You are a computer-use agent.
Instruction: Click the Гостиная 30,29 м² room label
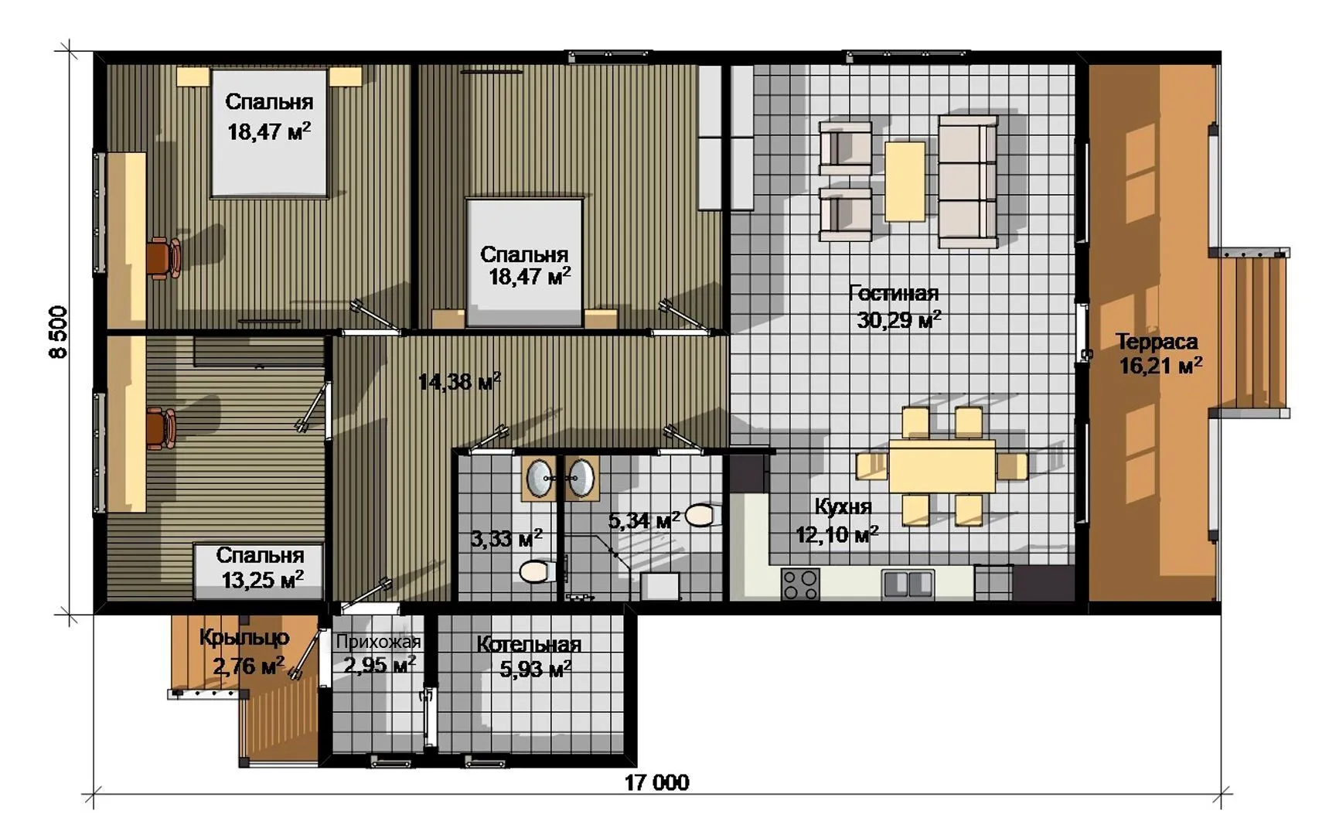coord(895,306)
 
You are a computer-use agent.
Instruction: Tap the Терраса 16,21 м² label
coord(1159,353)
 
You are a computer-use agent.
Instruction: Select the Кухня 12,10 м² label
coord(838,520)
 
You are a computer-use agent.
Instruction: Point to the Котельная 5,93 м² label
coord(530,656)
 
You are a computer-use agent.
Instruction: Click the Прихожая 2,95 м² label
coord(379,653)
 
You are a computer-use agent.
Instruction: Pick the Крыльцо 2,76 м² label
coord(244,651)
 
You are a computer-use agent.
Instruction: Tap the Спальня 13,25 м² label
coord(261,567)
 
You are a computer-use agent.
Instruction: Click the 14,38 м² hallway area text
coord(459,380)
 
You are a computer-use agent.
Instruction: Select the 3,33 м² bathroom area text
coord(506,538)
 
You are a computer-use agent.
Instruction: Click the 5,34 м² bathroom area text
coord(644,520)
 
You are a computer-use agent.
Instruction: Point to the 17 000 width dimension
coord(656,782)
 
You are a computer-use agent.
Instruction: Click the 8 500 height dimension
coord(59,332)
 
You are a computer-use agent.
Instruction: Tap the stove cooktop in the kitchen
coord(800,584)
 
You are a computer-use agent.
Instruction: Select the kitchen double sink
coord(908,584)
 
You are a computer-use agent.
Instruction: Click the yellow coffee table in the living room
coord(905,181)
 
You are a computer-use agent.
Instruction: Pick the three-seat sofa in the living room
coord(968,182)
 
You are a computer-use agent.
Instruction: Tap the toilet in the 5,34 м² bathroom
coord(702,515)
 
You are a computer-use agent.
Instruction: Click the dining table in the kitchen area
coord(942,466)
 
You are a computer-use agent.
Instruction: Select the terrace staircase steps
coord(1252,333)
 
